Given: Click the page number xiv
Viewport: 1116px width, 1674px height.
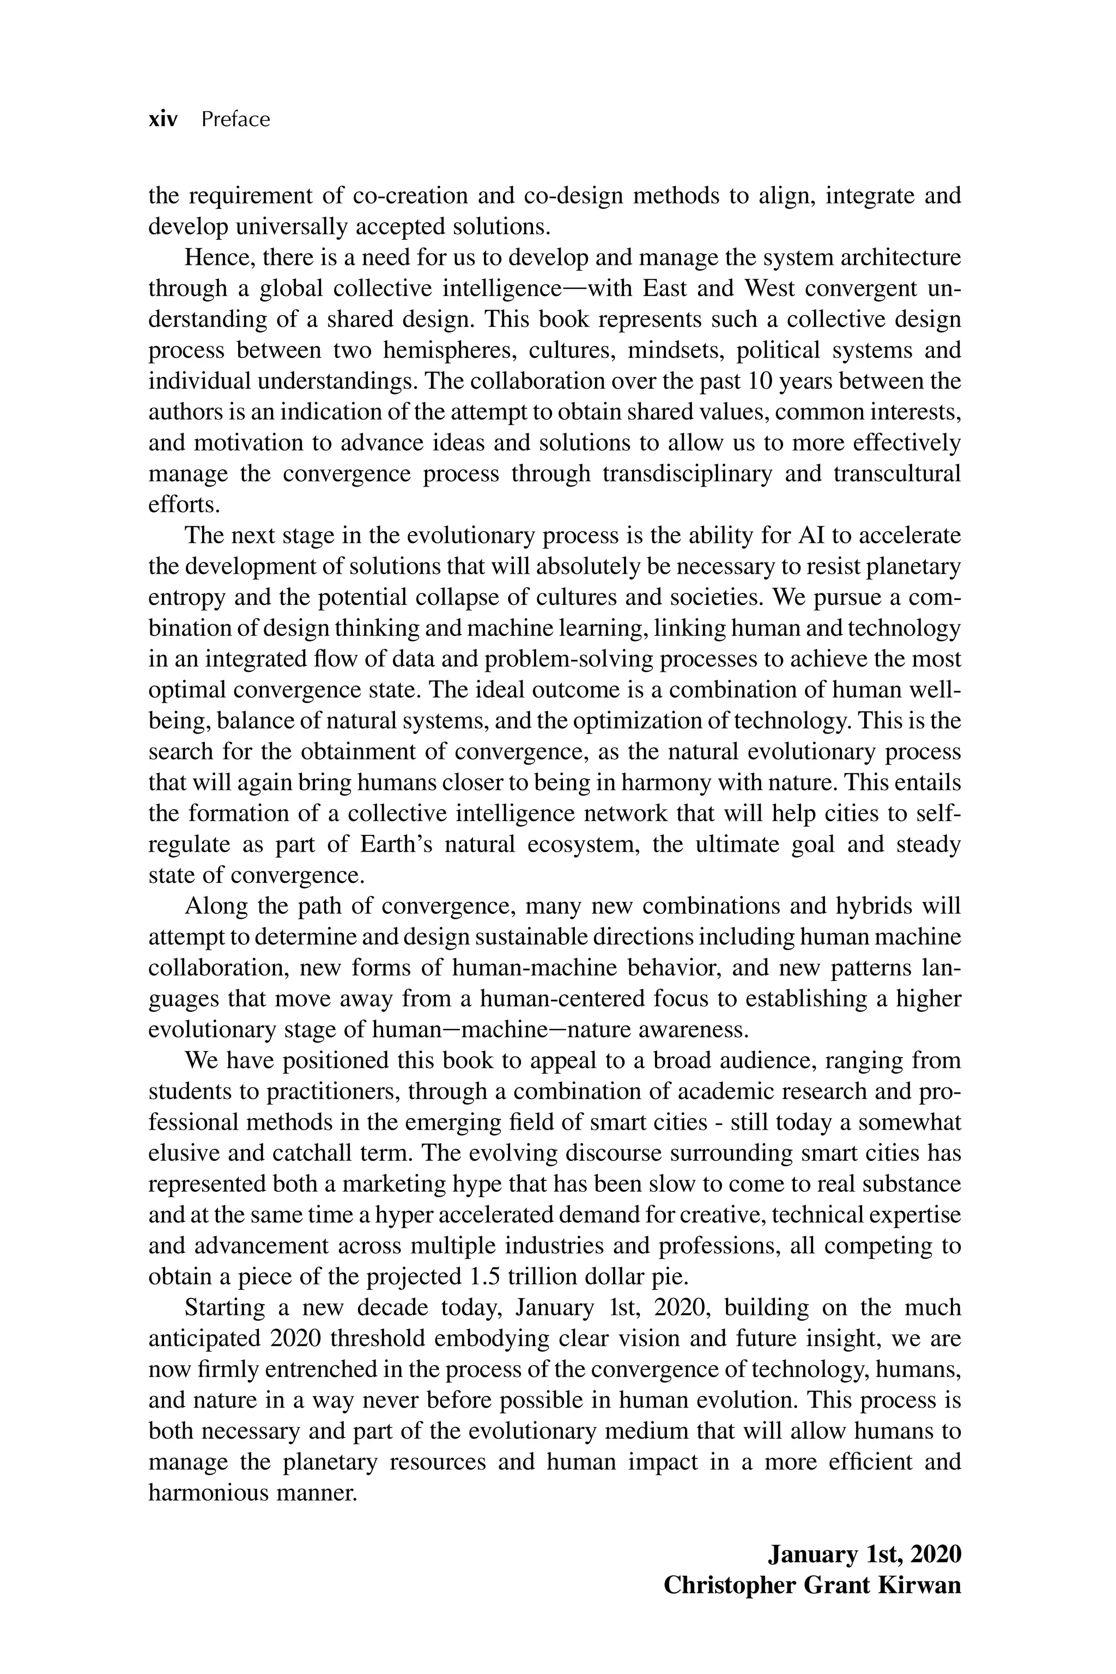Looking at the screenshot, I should (162, 119).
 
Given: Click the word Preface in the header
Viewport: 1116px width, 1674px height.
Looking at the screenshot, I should (235, 119).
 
